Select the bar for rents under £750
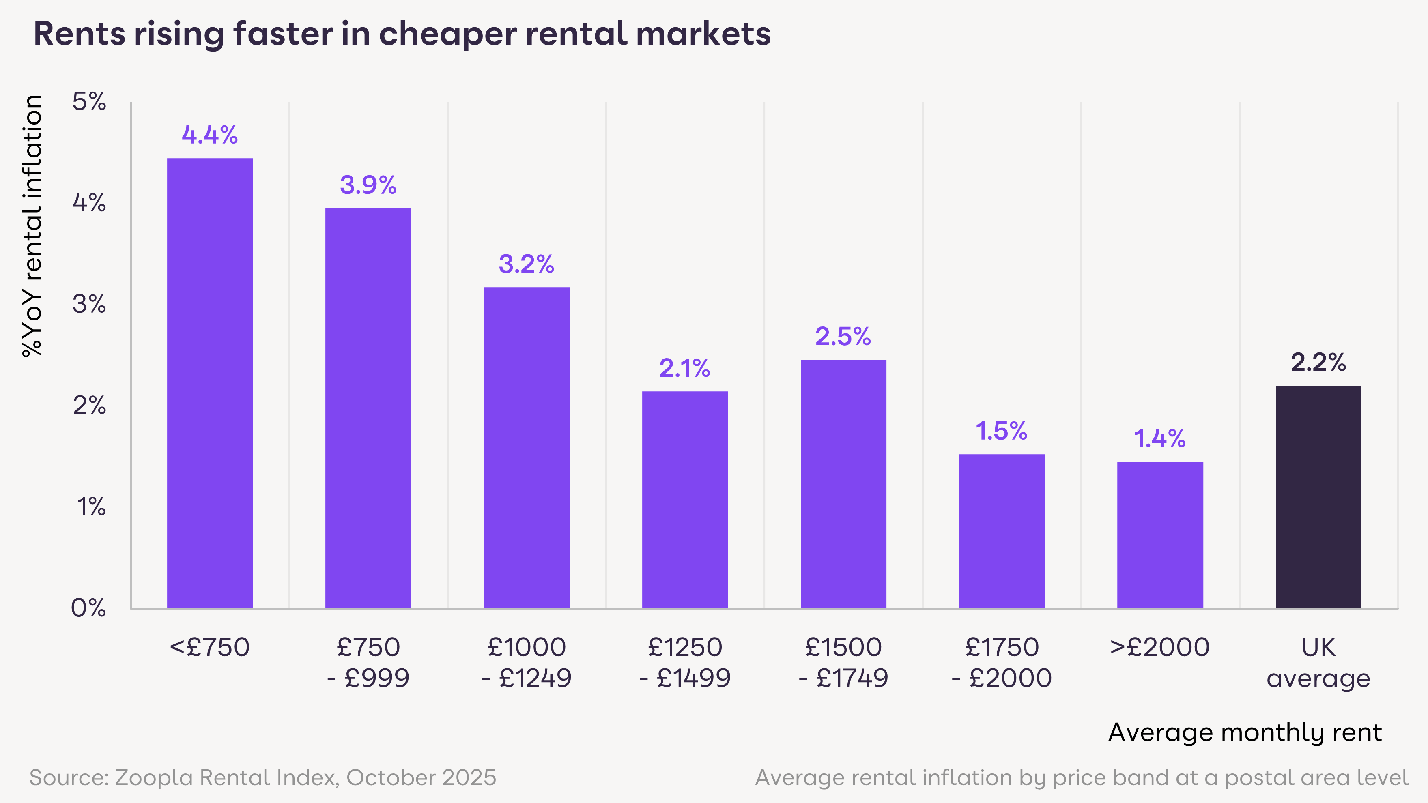[210, 382]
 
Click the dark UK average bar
[1318, 496]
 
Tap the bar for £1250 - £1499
[685, 499]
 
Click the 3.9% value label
[368, 185]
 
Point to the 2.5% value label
[843, 336]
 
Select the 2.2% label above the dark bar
[1318, 363]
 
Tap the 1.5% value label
[1001, 431]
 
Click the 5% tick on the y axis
[89, 102]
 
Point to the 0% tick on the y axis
[89, 608]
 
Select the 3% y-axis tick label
[89, 304]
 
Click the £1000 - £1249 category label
[527, 662]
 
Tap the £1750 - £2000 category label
[1001, 662]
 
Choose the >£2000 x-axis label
[1160, 647]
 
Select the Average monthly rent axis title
[1245, 732]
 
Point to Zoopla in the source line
[154, 777]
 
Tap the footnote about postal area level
[1081, 777]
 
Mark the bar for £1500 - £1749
[843, 483]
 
